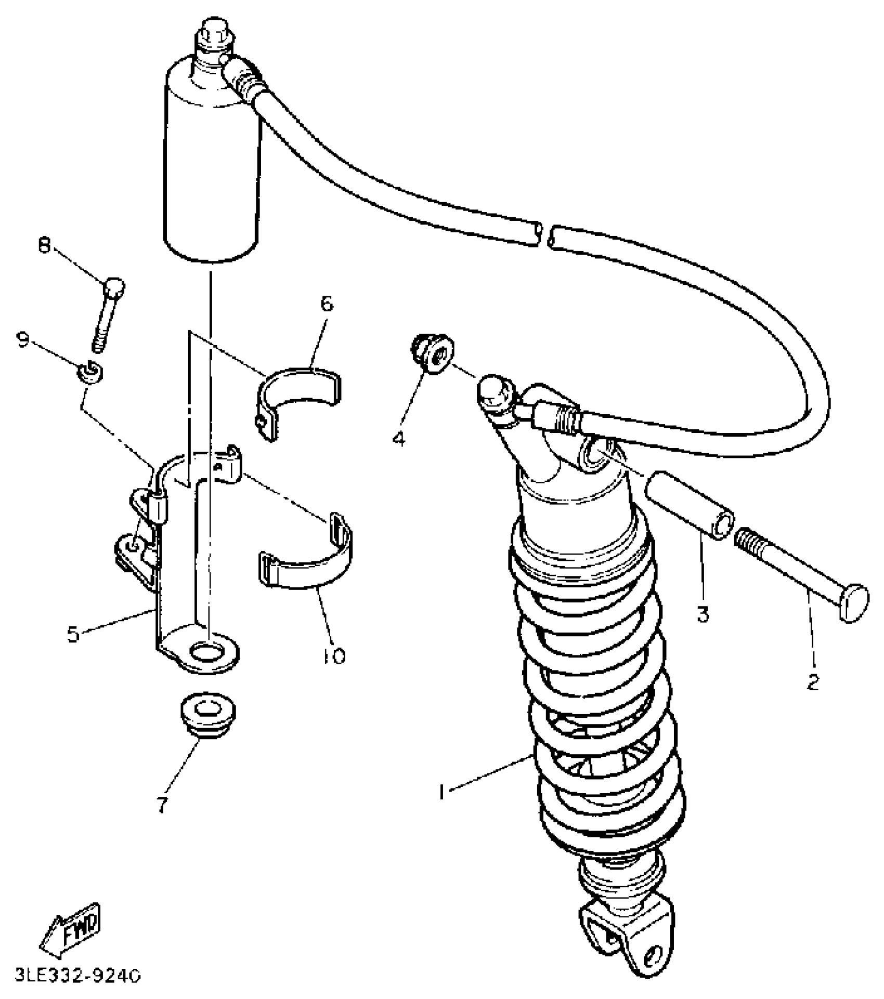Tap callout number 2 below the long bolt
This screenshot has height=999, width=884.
813,681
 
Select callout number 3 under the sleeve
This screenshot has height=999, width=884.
703,614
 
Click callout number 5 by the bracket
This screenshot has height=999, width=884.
73,634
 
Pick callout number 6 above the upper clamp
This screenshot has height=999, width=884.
327,304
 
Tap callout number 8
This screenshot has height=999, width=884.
44,245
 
